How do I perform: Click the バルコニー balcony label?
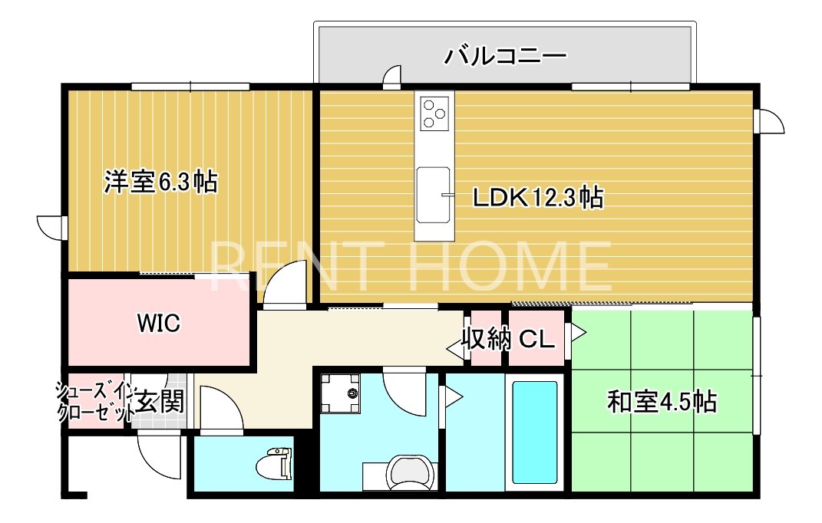click(505, 56)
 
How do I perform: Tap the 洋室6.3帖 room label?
click(160, 182)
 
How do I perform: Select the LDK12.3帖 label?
click(538, 198)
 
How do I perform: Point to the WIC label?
click(158, 323)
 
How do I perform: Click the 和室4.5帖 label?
click(662, 402)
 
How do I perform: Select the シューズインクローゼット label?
click(94, 402)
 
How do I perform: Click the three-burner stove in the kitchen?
click(435, 113)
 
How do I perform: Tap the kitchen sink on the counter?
click(434, 195)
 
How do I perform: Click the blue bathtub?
click(535, 433)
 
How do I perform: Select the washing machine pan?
click(340, 393)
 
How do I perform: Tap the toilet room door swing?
click(221, 409)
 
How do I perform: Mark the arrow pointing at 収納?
click(455, 347)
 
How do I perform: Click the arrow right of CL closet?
click(578, 332)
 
